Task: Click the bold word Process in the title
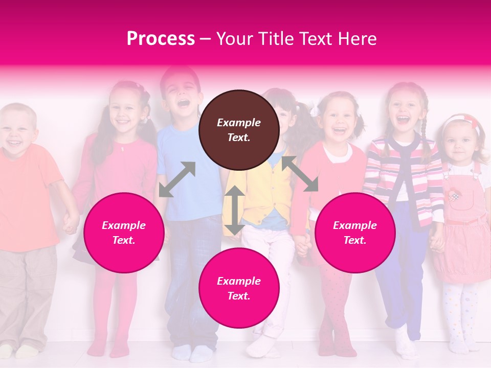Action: (161, 39)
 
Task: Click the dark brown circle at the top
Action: (239, 130)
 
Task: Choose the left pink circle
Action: (124, 233)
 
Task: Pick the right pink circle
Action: (354, 233)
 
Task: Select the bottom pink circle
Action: (239, 288)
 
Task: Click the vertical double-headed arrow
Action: (235, 210)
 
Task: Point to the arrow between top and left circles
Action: (177, 179)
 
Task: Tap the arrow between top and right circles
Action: (300, 174)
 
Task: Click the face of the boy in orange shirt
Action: (16, 131)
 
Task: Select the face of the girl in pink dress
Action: (458, 141)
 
